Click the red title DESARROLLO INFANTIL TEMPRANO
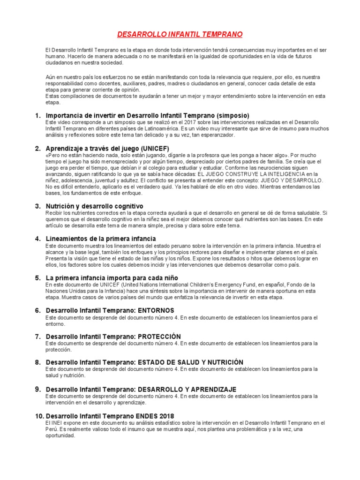[179, 35]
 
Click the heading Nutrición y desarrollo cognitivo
[94, 206]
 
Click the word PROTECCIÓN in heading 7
[158, 337]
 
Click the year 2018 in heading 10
[166, 416]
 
